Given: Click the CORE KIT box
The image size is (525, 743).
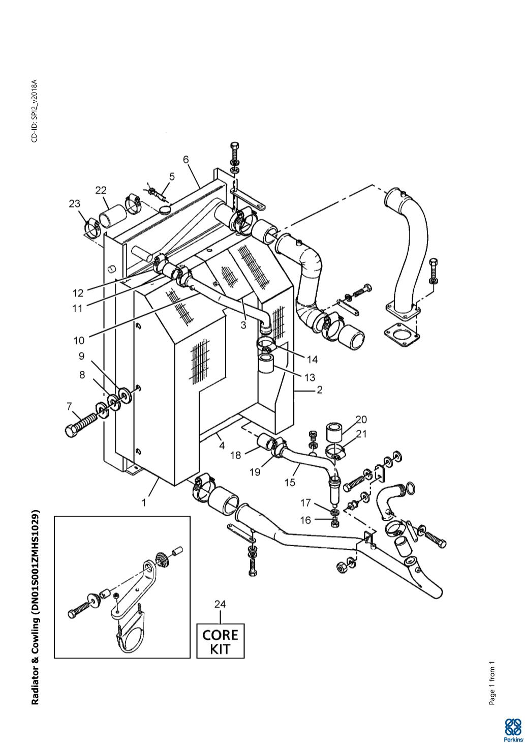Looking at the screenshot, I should pyautogui.click(x=220, y=641).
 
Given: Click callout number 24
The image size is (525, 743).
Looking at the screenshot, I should pyautogui.click(x=220, y=605).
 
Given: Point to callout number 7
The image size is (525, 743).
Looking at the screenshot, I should pyautogui.click(x=70, y=406).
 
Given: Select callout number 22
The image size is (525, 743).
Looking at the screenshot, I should pyautogui.click(x=101, y=190).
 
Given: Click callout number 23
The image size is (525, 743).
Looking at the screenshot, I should pyautogui.click(x=75, y=204).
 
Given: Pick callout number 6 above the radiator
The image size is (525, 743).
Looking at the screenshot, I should pyautogui.click(x=186, y=160).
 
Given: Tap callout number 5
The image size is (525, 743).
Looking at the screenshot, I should pyautogui.click(x=172, y=176).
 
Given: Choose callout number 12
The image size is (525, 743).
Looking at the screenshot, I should pyautogui.click(x=78, y=293).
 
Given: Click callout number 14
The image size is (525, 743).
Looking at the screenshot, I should pyautogui.click(x=312, y=360).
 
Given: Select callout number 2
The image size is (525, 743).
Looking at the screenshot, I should pyautogui.click(x=319, y=391).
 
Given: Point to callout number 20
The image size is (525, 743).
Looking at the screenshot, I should pyautogui.click(x=361, y=420).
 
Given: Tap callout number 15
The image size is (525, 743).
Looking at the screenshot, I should pyautogui.click(x=290, y=482).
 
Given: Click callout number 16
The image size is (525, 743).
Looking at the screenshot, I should pyautogui.click(x=305, y=520).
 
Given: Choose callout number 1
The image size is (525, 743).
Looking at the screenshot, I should pyautogui.click(x=144, y=502).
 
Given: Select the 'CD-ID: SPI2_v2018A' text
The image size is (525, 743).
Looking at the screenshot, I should pyautogui.click(x=35, y=110).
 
